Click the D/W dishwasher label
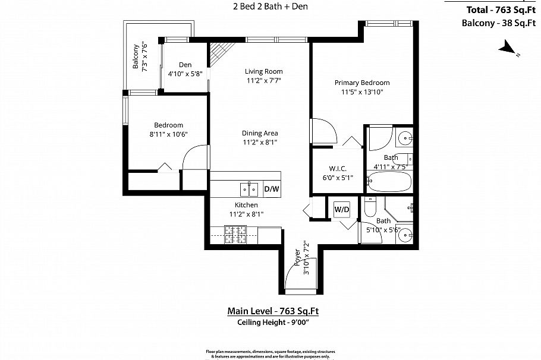pyautogui.click(x=271, y=190)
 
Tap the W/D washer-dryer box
pyautogui.click(x=341, y=209)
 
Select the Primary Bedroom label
pyautogui.click(x=361, y=83)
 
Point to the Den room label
pyautogui.click(x=185, y=65)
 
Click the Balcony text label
pyautogui.click(x=136, y=56)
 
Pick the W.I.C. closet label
pyautogui.click(x=338, y=168)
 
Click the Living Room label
pyautogui.click(x=263, y=71)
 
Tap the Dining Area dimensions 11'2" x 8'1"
pyautogui.click(x=260, y=143)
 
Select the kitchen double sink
pyautogui.click(x=249, y=190)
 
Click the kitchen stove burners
pyautogui.click(x=235, y=235)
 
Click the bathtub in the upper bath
pyautogui.click(x=389, y=182)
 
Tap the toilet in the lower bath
pyautogui.click(x=369, y=208)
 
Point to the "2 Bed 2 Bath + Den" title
pyautogui.click(x=270, y=7)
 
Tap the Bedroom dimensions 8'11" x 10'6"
pyautogui.click(x=168, y=134)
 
